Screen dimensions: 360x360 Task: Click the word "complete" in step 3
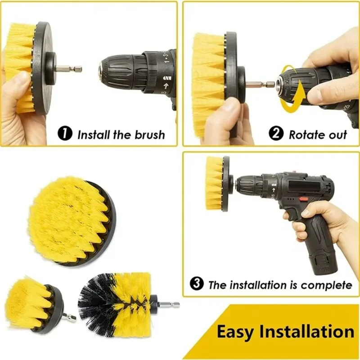click(327, 285)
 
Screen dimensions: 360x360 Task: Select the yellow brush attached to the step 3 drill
click(215, 183)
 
